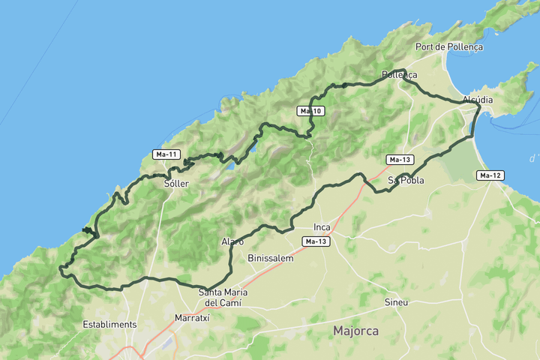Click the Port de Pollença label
449,46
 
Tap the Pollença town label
399,75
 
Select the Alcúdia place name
478,100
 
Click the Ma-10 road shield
310,111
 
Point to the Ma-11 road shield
166,154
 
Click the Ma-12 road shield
490,175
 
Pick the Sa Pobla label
406,181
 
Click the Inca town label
322,226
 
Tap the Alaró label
232,241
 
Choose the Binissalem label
270,257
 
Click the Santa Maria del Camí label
223,298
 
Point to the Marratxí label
191,317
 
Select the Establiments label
109,324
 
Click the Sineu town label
396,302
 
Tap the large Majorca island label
355,330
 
